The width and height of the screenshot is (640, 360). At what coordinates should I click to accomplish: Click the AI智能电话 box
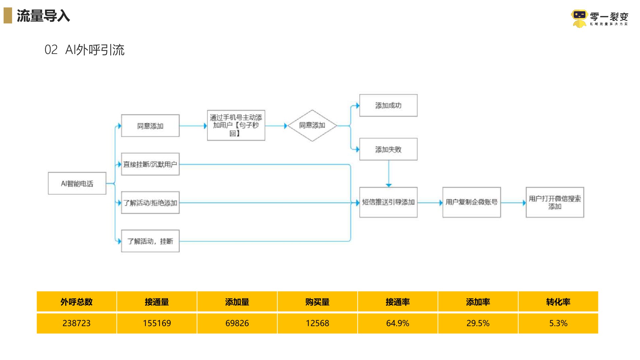tap(77, 183)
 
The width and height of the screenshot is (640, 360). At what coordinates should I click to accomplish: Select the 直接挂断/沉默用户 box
tap(150, 164)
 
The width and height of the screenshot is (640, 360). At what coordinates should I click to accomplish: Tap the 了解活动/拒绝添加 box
tap(150, 203)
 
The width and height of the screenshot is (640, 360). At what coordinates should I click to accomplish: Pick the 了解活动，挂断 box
tap(150, 241)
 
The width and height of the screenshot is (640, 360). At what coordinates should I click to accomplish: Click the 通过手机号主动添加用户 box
tap(236, 125)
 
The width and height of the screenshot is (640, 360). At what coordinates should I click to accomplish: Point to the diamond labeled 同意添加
tap(312, 125)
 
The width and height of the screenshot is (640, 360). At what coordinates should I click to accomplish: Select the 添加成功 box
tap(388, 106)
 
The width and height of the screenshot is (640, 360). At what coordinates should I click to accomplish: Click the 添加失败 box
tap(388, 149)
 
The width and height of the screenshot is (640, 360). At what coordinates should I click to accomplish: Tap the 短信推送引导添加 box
tap(388, 202)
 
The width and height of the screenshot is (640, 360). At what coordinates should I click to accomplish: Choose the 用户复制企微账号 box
tap(471, 202)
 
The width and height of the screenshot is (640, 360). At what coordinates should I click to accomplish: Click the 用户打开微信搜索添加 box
tap(555, 202)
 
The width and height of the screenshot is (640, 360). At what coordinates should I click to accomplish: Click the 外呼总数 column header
tap(76, 302)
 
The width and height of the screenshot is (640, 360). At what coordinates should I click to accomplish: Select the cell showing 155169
tap(157, 323)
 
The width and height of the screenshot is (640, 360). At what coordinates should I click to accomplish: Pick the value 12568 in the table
tap(317, 323)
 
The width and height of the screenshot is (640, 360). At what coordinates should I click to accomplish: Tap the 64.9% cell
tap(397, 323)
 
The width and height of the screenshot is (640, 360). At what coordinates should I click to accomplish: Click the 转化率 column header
tap(558, 302)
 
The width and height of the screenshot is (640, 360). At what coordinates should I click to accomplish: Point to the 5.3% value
tap(558, 323)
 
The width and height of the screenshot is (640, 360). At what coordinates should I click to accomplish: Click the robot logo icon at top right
tap(579, 18)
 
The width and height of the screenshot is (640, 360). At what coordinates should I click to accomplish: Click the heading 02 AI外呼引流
tap(84, 50)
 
